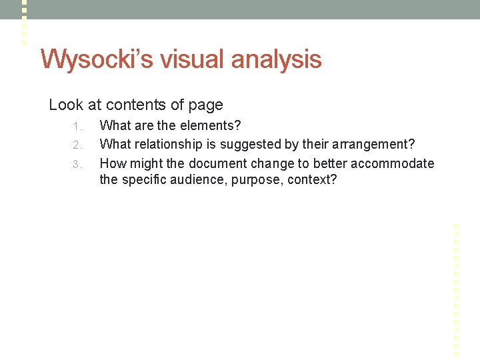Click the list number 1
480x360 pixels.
click(77, 126)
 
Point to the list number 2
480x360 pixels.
click(77, 145)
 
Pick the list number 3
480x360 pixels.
click(77, 164)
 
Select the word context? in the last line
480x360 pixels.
click(312, 180)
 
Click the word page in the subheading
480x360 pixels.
click(207, 105)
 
